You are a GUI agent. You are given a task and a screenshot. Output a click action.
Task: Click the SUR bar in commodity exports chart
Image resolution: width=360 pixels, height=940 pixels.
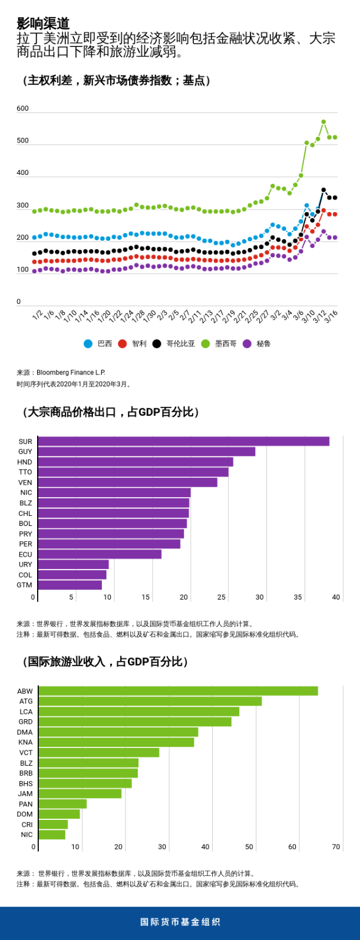183,441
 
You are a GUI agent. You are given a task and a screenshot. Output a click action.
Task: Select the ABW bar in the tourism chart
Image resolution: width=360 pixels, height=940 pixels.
178,691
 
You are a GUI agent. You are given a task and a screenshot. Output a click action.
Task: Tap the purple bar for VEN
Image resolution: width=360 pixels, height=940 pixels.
127,482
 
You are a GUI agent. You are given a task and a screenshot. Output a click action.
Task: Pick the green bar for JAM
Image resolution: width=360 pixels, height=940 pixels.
80,793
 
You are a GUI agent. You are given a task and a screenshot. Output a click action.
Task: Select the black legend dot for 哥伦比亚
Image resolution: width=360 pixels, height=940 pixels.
157,343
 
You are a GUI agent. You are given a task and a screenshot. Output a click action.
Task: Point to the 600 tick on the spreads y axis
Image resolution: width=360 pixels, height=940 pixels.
22,108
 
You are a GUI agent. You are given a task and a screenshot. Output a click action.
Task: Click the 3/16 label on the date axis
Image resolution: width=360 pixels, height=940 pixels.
331,317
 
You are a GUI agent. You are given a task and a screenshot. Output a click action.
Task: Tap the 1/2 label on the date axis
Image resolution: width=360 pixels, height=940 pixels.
37,316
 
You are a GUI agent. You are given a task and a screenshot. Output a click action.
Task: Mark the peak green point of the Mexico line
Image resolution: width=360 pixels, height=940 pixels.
323,122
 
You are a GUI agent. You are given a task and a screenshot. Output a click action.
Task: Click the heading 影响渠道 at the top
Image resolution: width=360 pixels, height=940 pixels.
43,24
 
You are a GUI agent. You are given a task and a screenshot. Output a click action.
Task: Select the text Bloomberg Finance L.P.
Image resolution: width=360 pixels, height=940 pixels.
71,372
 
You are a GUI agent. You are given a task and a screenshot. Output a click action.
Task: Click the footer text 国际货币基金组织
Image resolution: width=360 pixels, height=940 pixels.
180,922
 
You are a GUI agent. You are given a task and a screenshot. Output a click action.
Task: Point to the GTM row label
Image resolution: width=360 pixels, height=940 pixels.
25,585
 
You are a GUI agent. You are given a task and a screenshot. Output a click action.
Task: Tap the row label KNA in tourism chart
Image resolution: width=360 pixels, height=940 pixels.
25,742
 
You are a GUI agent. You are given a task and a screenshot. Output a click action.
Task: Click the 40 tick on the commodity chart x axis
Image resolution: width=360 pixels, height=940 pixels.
336,597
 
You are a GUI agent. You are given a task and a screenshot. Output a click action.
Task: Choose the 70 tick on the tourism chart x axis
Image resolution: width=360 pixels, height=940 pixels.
336,847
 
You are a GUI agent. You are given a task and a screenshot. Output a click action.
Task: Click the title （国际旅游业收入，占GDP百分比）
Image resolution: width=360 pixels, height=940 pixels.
105,661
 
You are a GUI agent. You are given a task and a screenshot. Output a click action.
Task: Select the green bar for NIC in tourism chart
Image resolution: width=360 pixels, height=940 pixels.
52,835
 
